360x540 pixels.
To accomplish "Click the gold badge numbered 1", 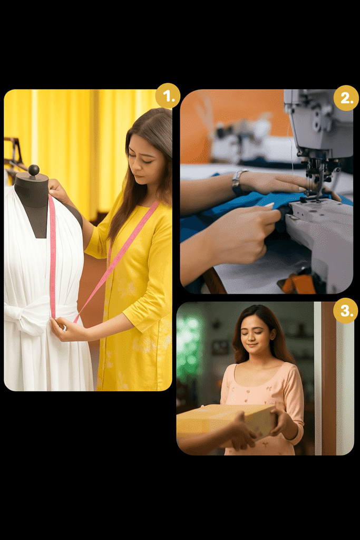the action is (x=168, y=96).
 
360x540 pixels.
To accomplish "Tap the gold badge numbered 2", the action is (x=346, y=98).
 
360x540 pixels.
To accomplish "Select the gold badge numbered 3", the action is (x=346, y=311).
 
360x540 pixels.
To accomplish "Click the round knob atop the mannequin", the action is (x=34, y=170).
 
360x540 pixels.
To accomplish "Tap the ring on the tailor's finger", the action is (x=64, y=328).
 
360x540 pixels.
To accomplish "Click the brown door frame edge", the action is (x=328, y=378).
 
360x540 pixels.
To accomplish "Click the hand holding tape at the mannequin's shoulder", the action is (x=59, y=190).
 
